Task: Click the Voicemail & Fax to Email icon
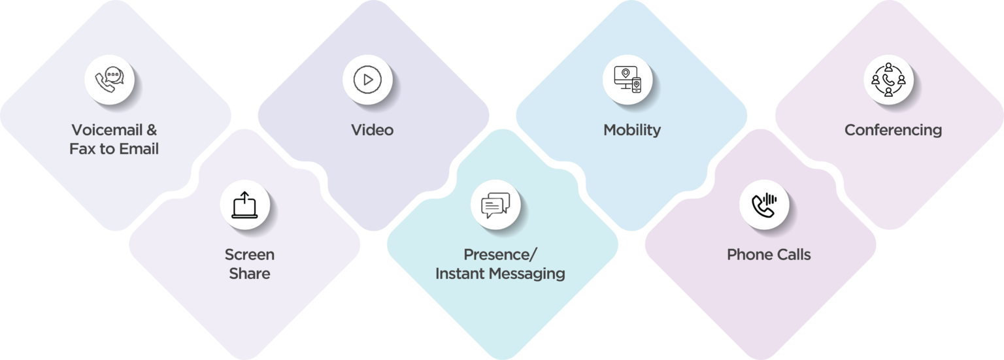point(109,80)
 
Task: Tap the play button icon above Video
point(367,80)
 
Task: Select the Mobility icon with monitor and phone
point(627,80)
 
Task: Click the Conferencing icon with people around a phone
point(888,80)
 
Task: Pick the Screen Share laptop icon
point(244,205)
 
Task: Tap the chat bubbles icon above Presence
point(495,205)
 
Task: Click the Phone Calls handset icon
point(763,205)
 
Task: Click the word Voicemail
point(107,130)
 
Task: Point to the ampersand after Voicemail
point(152,130)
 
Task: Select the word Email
point(139,149)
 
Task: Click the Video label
point(372,130)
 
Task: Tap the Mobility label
point(632,130)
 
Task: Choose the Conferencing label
point(894,130)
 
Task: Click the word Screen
point(250,254)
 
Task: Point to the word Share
point(250,273)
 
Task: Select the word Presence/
point(500,254)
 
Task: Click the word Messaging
point(527,274)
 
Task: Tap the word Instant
point(460,273)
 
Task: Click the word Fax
point(82,149)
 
